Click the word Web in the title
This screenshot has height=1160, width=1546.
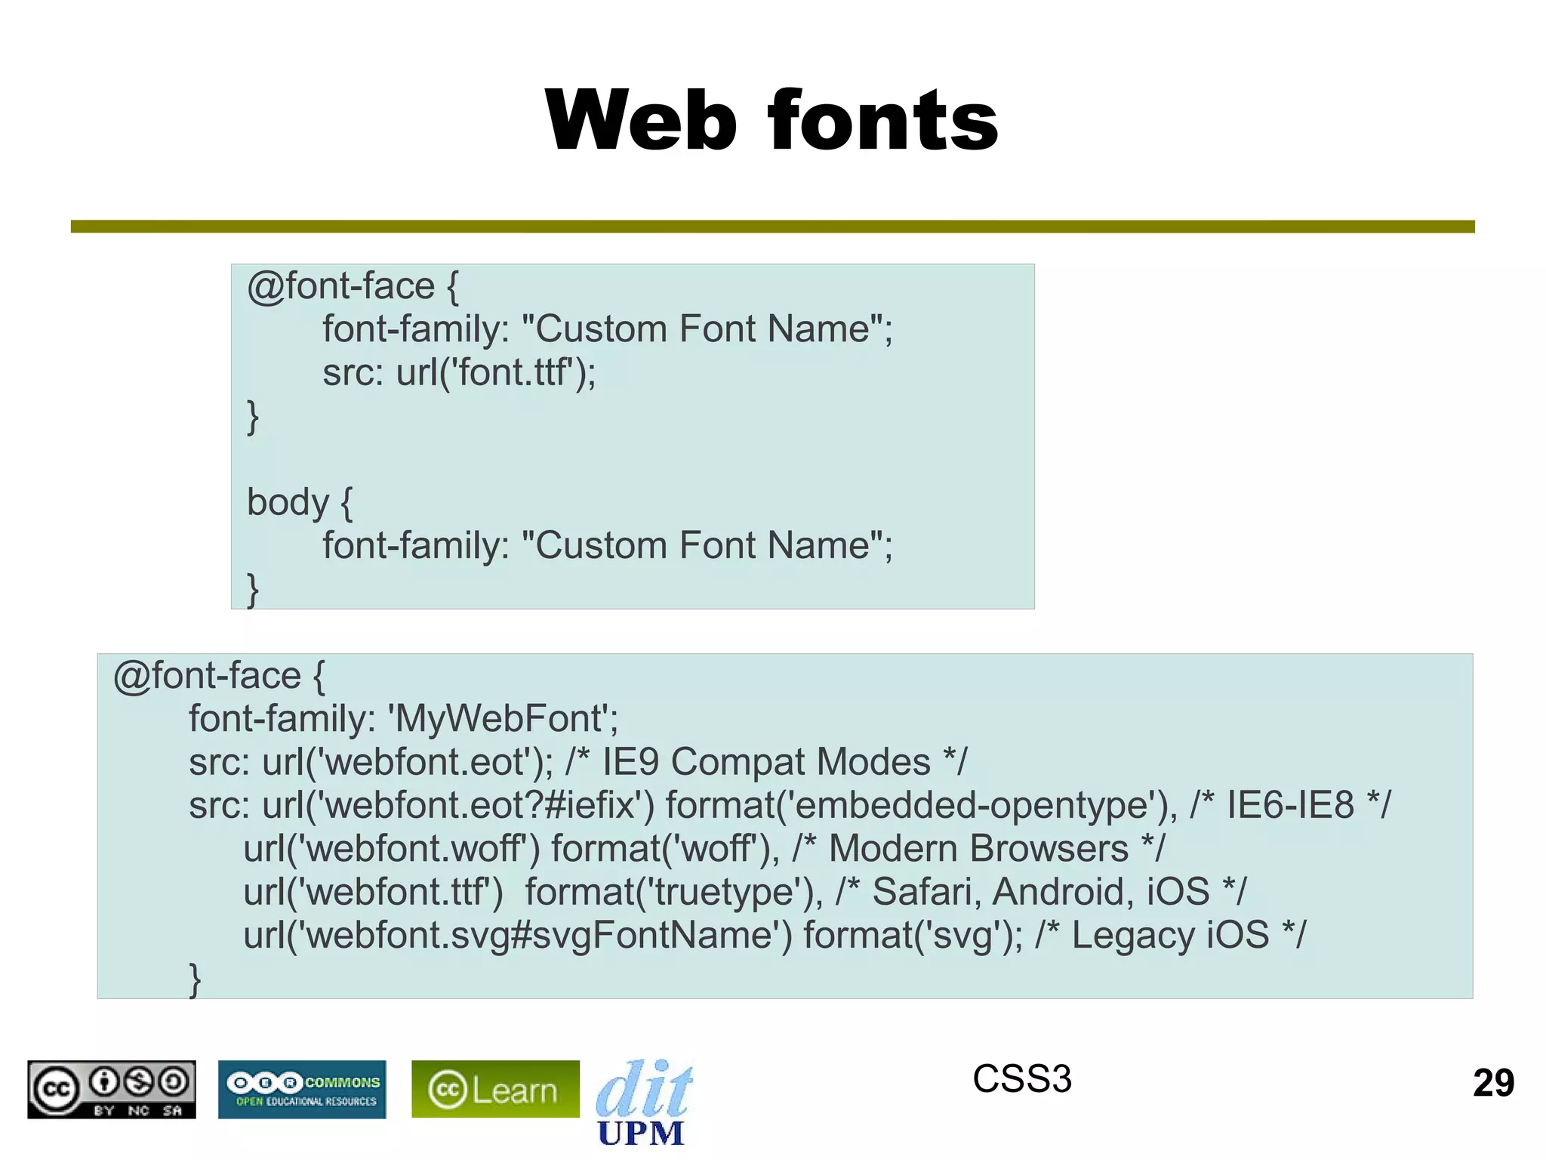click(x=640, y=121)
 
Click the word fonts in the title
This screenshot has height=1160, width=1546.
click(x=883, y=121)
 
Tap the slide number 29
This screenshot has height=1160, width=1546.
click(x=1493, y=1083)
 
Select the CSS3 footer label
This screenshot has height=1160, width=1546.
click(x=1021, y=1078)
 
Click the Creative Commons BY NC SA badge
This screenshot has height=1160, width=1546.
click(x=112, y=1089)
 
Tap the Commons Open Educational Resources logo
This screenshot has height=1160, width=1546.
click(x=302, y=1089)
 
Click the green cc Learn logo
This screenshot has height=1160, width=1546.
click(x=495, y=1089)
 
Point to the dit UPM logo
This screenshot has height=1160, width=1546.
click(x=643, y=1103)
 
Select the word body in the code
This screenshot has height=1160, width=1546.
click(x=288, y=502)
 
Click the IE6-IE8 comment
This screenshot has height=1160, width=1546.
click(x=1290, y=805)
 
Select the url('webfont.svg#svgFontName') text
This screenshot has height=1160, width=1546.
click(x=518, y=935)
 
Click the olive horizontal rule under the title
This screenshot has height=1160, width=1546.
click(x=773, y=227)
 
